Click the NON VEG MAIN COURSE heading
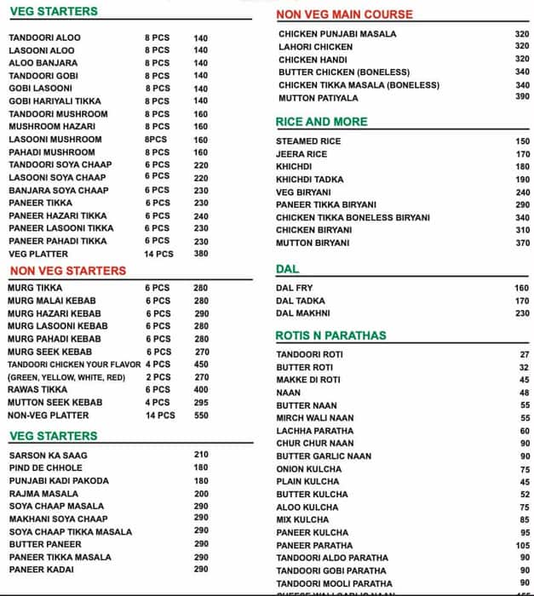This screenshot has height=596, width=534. pos(345,14)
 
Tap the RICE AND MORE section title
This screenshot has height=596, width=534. pos(322,122)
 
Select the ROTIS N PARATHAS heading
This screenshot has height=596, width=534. pos(331,335)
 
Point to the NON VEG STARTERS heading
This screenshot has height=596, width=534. pos(67,271)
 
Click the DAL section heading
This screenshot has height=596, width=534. pos(287,270)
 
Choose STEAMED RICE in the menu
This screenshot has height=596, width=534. pos(307,142)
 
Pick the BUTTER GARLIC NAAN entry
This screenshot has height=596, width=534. pos(324,456)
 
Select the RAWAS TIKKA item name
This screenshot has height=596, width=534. pos(37,389)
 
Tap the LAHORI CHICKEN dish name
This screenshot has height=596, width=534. pos(315,47)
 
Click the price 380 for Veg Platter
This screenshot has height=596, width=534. pos(201,254)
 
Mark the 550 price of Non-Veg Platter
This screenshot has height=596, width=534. pos(201,415)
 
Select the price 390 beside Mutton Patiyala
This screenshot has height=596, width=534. pos(522,97)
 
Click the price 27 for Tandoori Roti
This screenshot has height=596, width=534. pos(525,355)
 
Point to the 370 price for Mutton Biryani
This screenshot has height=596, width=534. pos(522,244)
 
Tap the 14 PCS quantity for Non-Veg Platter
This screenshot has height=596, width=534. pos(160,415)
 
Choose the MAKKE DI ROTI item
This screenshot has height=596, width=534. pos(308,380)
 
